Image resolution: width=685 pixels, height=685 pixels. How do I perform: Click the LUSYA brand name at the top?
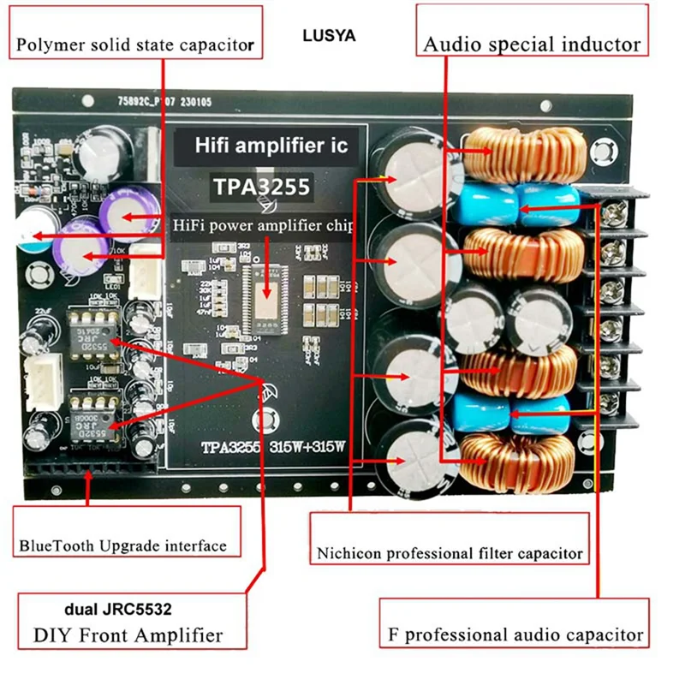coord(329,37)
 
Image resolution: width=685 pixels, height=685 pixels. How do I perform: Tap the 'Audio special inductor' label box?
coord(532,44)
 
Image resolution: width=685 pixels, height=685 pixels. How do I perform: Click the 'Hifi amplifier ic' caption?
coord(270,146)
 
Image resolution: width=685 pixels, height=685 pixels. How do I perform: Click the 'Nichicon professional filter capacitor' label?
coord(450,552)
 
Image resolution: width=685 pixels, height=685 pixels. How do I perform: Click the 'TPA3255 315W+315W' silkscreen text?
coord(272,447)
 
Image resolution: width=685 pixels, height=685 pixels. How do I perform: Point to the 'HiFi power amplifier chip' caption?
coord(263,224)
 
